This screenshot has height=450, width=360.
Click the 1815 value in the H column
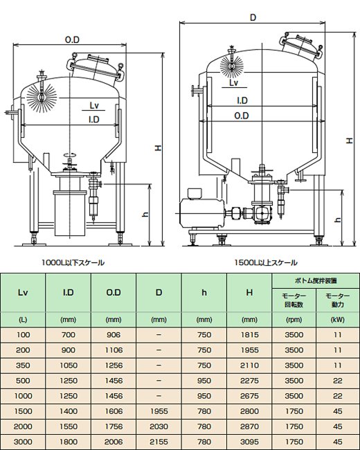(249, 335)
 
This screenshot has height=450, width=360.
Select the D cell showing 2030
(159, 426)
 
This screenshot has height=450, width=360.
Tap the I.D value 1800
(69, 442)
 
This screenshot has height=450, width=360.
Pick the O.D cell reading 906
(114, 335)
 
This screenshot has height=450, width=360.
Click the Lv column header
(23, 292)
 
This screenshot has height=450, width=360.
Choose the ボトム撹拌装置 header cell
(316, 280)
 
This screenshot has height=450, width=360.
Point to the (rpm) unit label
(294, 320)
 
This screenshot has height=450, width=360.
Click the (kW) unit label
(338, 320)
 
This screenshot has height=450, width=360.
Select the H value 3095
(249, 442)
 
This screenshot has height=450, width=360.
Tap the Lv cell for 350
(23, 366)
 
